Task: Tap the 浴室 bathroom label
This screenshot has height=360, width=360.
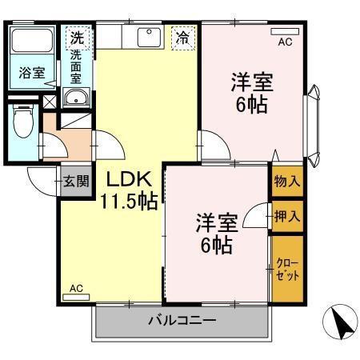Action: [x=32, y=72]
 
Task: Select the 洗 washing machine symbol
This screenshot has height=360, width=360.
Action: [x=76, y=36]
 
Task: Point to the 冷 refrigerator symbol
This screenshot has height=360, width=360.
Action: [x=183, y=37]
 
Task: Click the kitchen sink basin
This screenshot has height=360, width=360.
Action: [x=148, y=37]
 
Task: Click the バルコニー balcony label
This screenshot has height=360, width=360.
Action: [x=181, y=322]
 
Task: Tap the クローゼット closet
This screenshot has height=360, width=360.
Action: [x=287, y=269]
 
